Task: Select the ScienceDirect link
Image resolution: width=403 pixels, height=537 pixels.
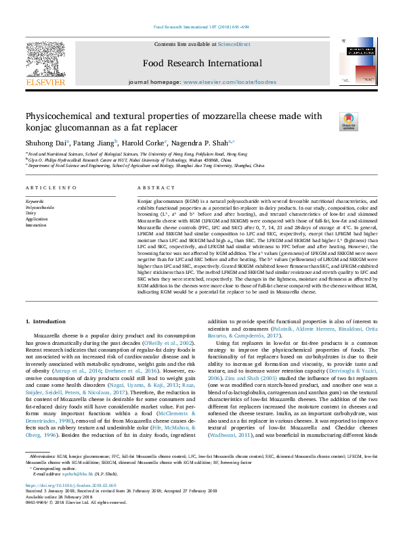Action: tap(234, 44)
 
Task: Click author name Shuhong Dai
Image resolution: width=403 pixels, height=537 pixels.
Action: tap(46, 143)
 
